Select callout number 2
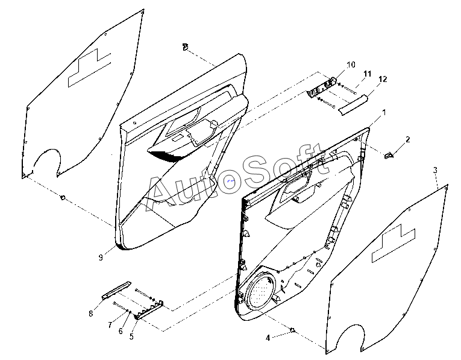point(407,139)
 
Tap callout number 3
point(435,171)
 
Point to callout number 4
point(268,338)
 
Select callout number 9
point(101,257)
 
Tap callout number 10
point(351,65)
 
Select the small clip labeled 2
point(389,155)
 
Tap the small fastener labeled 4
point(292,330)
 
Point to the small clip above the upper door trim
point(185,46)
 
